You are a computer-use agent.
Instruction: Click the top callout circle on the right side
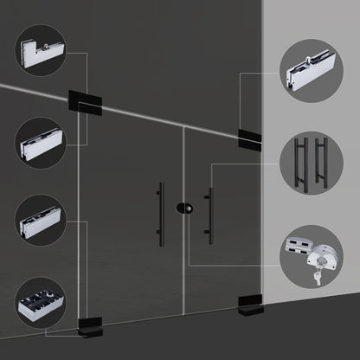click(x=311, y=74)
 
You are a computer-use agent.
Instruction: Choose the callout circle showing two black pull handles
click(x=311, y=163)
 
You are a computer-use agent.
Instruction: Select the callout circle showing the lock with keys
click(x=311, y=254)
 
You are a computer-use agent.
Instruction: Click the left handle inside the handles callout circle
click(x=301, y=163)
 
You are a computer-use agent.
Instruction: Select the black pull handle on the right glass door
click(x=208, y=217)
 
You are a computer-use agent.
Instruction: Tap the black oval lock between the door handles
click(x=183, y=209)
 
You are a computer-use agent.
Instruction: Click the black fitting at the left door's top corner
click(x=85, y=101)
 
